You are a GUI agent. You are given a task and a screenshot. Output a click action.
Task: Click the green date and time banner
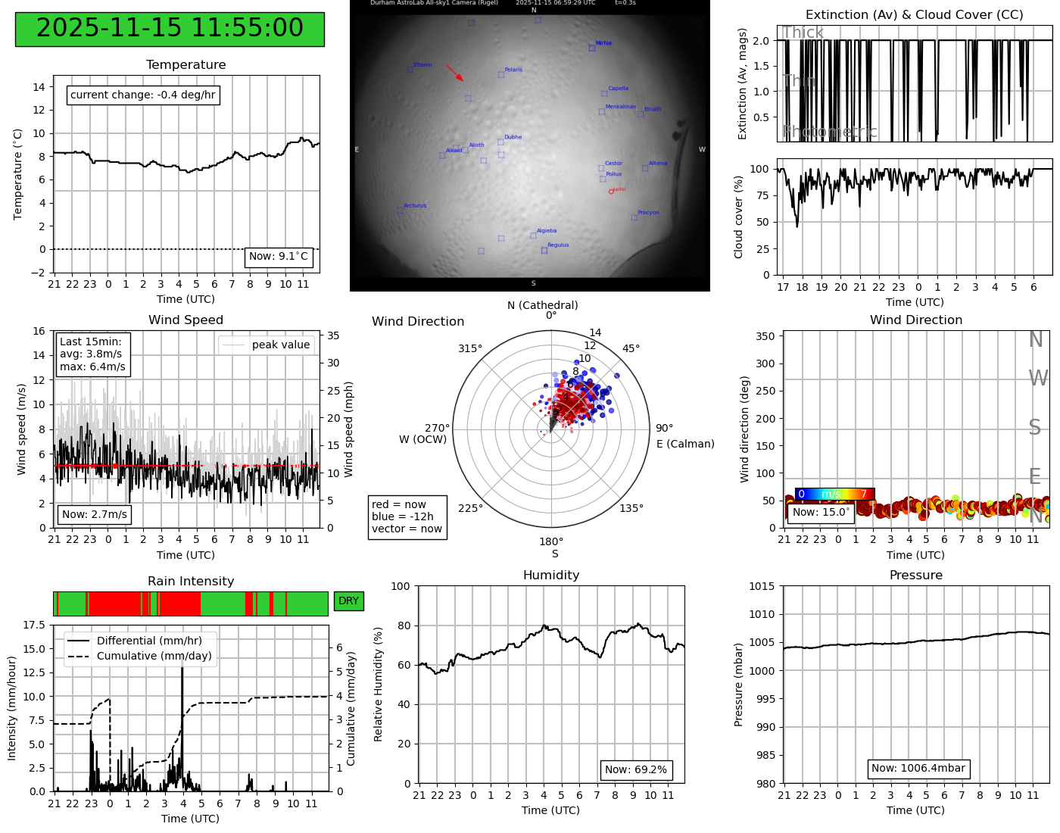170,29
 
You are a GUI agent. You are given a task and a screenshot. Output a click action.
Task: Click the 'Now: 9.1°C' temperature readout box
279,257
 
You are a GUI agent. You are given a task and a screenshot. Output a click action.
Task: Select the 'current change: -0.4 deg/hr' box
143,95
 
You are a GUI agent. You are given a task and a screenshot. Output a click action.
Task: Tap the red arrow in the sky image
454,73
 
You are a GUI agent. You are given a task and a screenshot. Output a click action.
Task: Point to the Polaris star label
513,70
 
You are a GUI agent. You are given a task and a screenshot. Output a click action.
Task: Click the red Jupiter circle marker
611,192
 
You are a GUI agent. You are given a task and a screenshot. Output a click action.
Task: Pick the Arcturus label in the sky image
415,206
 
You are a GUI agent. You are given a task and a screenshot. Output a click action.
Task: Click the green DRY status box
348,601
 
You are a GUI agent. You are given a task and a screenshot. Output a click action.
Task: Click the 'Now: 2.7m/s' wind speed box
95,515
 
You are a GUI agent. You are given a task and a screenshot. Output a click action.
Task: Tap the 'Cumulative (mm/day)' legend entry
154,657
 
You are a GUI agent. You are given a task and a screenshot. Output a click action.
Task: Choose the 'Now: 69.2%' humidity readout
636,770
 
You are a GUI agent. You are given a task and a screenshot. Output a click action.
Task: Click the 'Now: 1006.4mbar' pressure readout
918,769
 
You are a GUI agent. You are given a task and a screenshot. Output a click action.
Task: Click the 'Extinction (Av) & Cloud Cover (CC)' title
914,15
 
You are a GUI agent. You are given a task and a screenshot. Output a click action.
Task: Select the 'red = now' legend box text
399,505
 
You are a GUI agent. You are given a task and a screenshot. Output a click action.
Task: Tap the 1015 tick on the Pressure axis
762,586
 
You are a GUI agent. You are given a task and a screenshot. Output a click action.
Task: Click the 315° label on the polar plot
469,349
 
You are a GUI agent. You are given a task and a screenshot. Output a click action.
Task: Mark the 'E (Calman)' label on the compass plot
685,444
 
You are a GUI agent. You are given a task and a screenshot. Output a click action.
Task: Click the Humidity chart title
550,576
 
